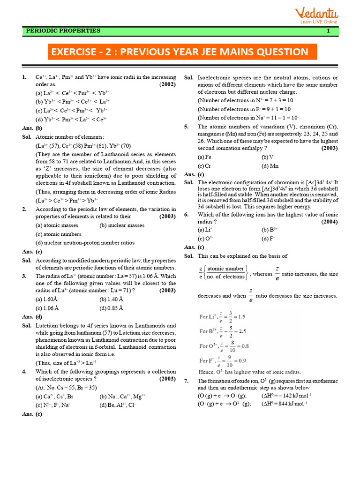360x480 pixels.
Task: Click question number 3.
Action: tap(24, 276)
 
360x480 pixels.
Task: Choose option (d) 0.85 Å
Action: tap(111, 308)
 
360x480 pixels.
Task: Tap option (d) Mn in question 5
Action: tap(270, 165)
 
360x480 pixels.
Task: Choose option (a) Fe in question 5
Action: tap(204, 157)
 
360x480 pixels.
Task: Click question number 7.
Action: tap(186, 381)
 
